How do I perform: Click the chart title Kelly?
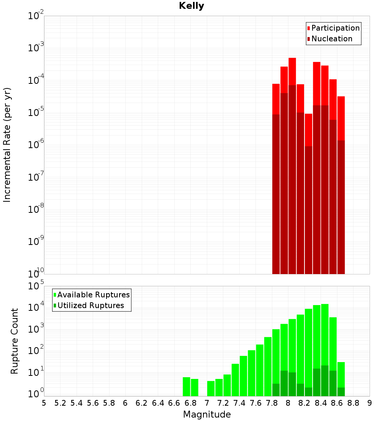[x=191, y=6]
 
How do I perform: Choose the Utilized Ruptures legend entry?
[x=90, y=305]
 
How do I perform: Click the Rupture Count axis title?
[x=15, y=341]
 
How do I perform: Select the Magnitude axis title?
[x=207, y=414]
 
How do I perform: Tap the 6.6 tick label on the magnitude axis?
[x=174, y=403]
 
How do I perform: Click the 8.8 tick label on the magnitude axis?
[x=354, y=403]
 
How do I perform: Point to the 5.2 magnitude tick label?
[x=61, y=403]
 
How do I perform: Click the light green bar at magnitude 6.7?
[x=187, y=387]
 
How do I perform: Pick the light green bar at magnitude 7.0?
[x=211, y=388]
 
